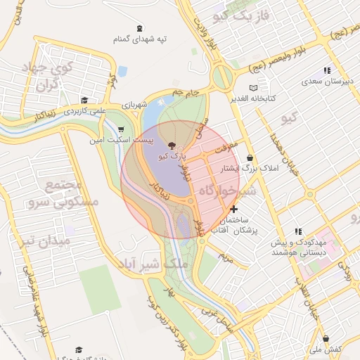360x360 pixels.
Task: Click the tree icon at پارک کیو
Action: click(x=174, y=146)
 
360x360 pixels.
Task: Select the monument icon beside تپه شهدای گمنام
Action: click(x=139, y=28)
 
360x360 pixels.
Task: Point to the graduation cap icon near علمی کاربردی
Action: click(x=84, y=100)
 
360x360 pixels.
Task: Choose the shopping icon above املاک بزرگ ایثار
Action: click(x=250, y=158)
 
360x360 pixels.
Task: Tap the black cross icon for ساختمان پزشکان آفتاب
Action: click(x=233, y=210)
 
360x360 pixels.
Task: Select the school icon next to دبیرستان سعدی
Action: click(x=326, y=70)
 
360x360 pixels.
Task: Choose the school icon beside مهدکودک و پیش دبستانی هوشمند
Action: click(x=298, y=231)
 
